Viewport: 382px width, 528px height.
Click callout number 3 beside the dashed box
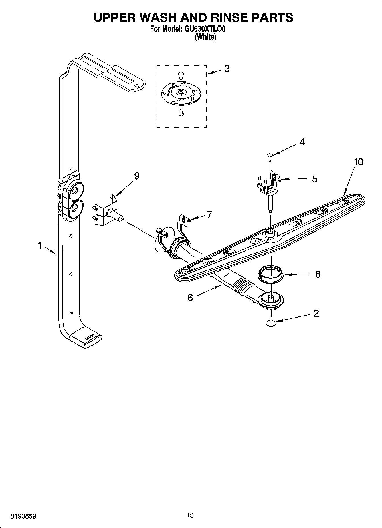click(227, 69)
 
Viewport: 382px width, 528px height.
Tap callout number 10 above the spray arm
click(359, 162)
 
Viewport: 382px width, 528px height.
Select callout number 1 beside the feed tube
click(40, 245)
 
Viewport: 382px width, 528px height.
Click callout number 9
click(137, 176)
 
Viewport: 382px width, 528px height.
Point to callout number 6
click(190, 298)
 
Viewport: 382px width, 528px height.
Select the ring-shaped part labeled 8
click(271, 275)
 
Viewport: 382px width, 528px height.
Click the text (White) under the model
click(205, 37)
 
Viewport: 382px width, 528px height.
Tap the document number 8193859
click(23, 516)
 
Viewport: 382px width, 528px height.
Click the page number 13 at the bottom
click(190, 515)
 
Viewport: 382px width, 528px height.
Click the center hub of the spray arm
click(270, 232)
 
